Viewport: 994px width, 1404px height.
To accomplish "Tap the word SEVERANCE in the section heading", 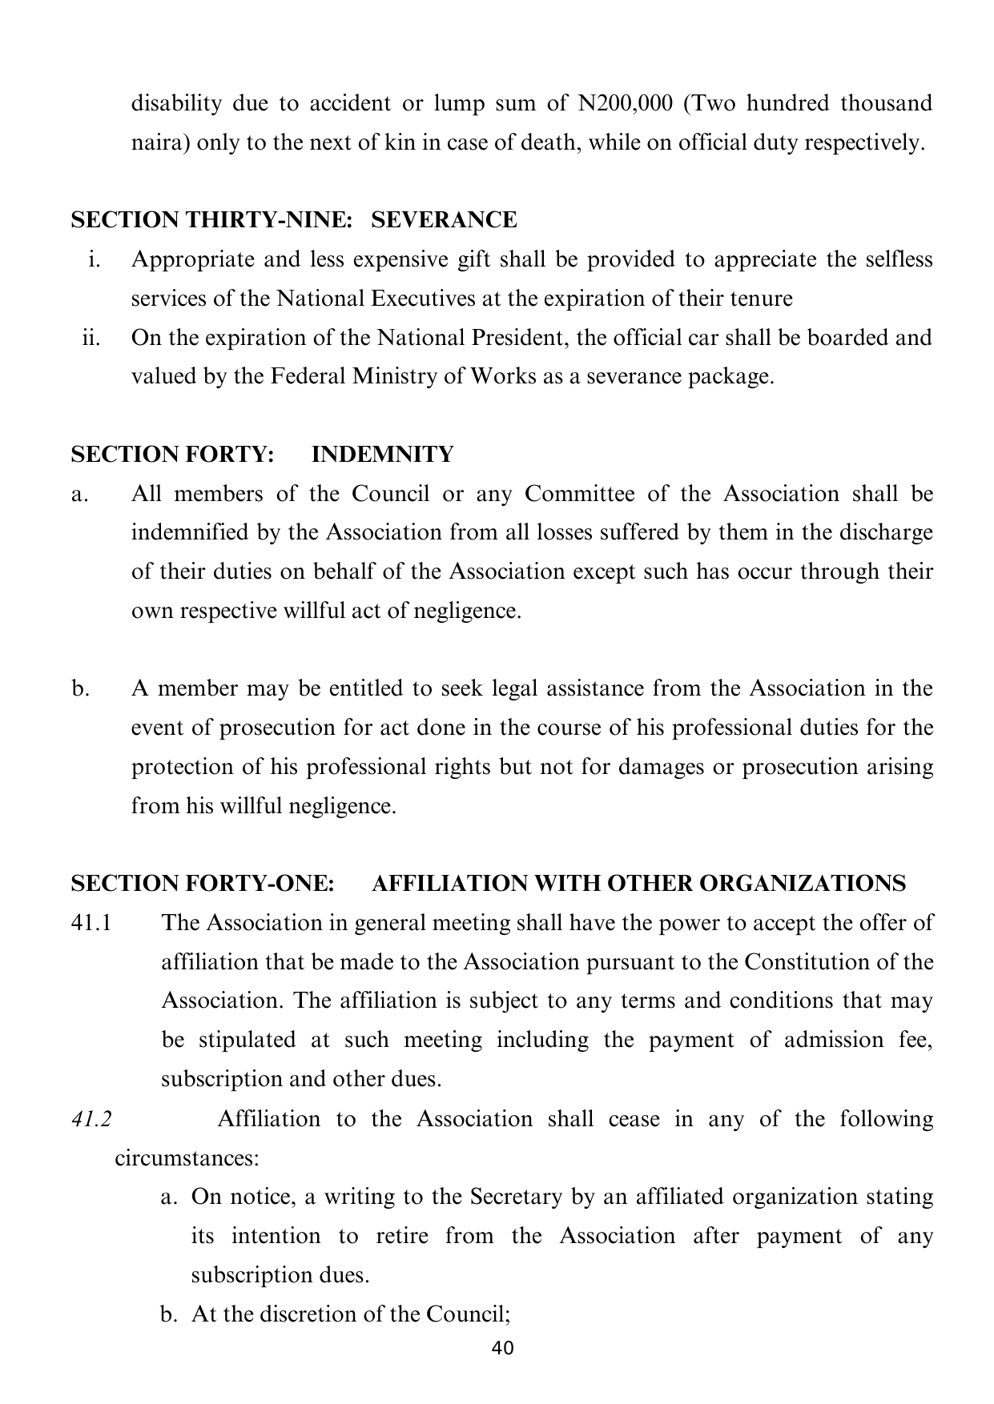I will (445, 220).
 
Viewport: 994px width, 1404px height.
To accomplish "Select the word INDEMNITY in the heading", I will (382, 455).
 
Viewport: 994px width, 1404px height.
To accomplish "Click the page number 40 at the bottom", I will (502, 1348).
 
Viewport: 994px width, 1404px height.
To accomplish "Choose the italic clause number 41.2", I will (91, 1119).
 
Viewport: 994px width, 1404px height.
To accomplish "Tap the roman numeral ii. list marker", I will (91, 338).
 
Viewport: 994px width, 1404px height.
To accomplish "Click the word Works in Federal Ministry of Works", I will (503, 377).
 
